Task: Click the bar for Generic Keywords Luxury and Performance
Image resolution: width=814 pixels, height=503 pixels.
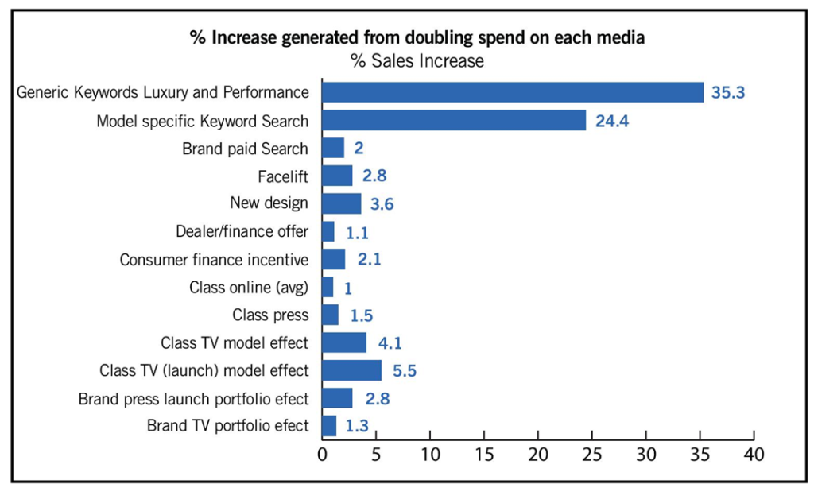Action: pos(513,92)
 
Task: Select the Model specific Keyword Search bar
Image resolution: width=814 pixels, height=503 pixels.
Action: pos(454,121)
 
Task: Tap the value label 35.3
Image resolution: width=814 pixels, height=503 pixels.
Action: pos(728,93)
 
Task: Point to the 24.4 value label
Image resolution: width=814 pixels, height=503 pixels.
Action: pos(610,122)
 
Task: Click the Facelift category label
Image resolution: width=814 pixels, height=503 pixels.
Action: pos(282,176)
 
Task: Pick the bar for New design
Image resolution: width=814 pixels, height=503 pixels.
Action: pos(341,203)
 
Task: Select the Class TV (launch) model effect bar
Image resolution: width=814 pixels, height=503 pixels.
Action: pos(351,370)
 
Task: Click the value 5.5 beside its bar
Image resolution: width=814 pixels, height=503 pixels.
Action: pos(405,371)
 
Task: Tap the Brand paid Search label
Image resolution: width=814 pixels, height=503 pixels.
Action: pos(245,149)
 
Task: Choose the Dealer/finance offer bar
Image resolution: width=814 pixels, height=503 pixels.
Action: pos(328,231)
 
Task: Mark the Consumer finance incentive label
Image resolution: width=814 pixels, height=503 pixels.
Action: pos(214,259)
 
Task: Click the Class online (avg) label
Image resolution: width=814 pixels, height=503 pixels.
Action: pos(248,287)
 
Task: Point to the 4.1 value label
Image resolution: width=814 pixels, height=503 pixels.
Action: pos(390,343)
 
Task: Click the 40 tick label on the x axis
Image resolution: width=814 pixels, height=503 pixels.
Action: pos(754,455)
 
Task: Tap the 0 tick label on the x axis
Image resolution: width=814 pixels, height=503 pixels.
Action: pos(322,455)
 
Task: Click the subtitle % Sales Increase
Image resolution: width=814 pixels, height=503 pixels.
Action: pos(417,60)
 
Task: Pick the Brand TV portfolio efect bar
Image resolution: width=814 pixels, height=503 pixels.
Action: pos(329,426)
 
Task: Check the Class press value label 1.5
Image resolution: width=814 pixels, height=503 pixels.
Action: pos(362,315)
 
